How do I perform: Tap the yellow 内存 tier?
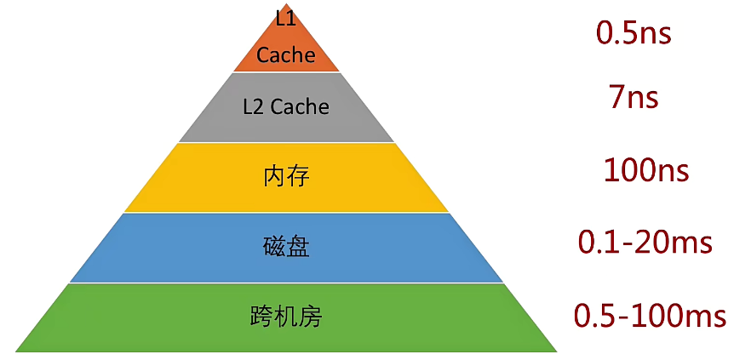coord(286,177)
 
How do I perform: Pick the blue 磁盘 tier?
coord(286,248)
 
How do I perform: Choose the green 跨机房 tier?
coord(286,317)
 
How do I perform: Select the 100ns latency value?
coord(645,170)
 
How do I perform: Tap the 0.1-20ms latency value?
coord(645,243)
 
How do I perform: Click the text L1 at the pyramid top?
coord(285,18)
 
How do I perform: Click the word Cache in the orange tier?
coord(286,56)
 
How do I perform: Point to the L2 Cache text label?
coord(286,107)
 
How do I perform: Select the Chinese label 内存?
coord(286,177)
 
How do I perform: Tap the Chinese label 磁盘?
coord(286,248)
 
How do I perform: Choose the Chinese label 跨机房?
coord(286,317)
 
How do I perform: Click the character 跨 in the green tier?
coord(262,317)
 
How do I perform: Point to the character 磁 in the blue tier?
coord(274,248)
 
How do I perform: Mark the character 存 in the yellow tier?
coord(298,177)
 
